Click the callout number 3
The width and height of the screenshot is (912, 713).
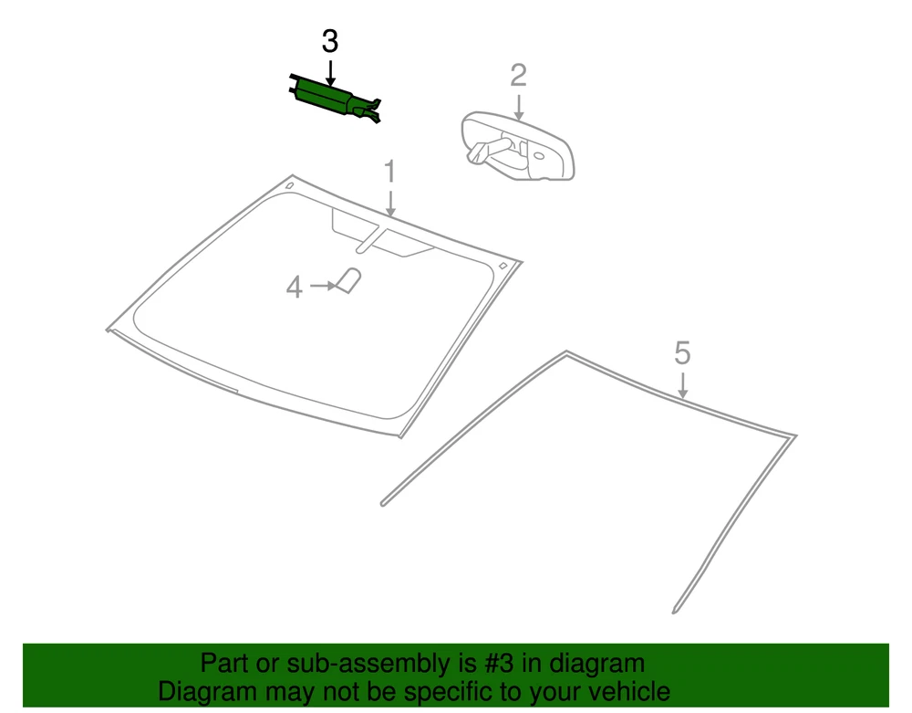tap(330, 42)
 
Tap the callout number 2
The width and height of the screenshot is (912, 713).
tap(518, 76)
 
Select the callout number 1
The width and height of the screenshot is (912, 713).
tap(389, 173)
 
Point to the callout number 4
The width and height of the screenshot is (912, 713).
tap(295, 288)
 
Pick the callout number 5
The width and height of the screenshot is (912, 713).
tap(682, 353)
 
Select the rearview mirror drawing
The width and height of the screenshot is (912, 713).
tap(518, 146)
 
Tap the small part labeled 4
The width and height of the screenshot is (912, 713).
tap(348, 280)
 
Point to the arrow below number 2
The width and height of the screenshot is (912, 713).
tap(518, 107)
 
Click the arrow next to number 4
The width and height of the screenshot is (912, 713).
tap(323, 286)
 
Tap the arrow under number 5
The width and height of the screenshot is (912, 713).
tap(683, 384)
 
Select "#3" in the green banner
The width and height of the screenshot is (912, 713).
tap(499, 663)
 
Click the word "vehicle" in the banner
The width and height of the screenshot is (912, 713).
tap(628, 691)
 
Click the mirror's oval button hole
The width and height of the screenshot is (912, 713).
tap(539, 156)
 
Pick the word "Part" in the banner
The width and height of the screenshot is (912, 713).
tap(223, 663)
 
